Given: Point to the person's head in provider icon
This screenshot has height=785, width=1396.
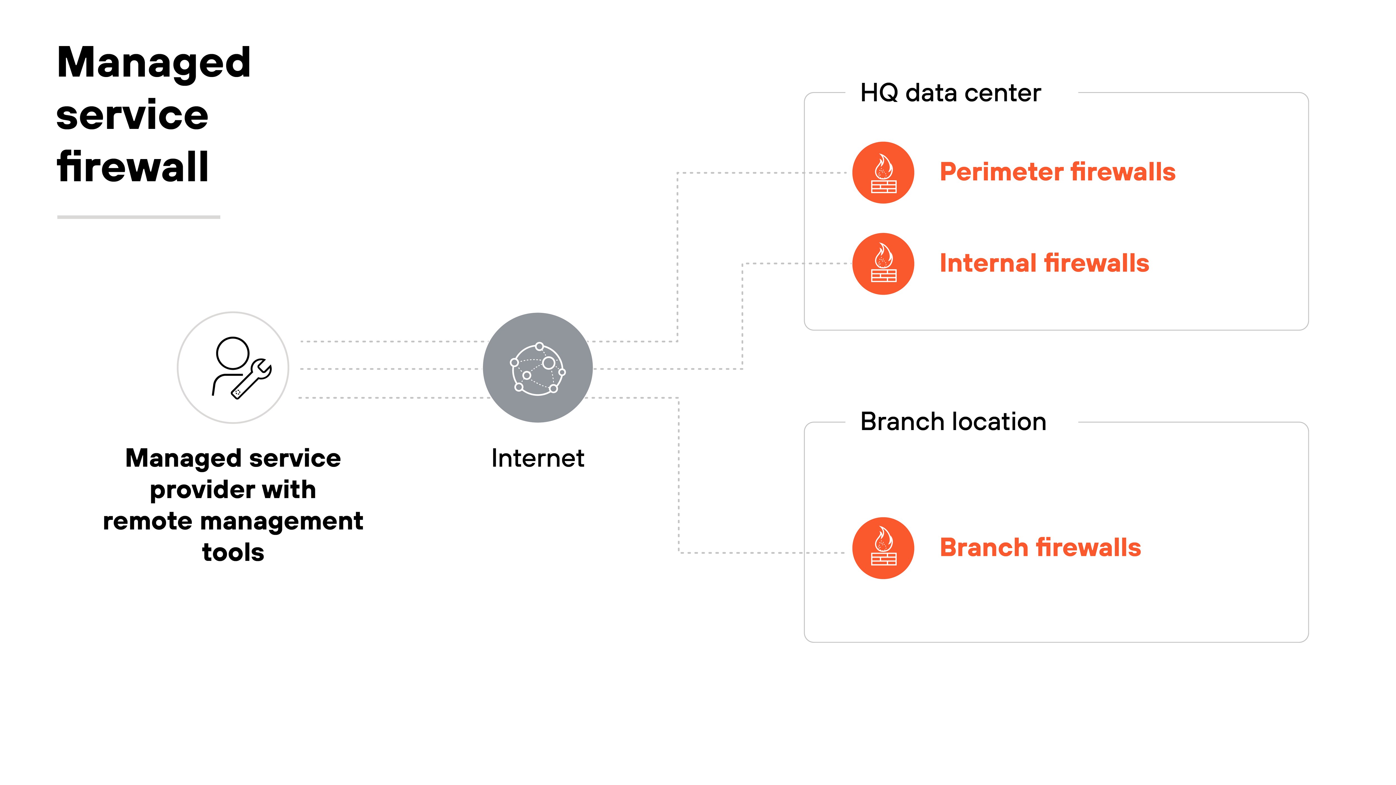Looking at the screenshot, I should (233, 353).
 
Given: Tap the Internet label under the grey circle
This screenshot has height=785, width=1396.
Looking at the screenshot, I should (537, 458).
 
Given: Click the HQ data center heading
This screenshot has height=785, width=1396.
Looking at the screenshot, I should (951, 93).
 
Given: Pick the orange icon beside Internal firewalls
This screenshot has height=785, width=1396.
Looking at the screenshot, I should (883, 264).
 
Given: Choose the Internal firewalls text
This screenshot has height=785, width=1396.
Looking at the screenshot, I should (1044, 263).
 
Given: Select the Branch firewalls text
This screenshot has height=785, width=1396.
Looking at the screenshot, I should (1040, 548).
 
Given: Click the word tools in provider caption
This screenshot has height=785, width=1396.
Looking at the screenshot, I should (233, 553).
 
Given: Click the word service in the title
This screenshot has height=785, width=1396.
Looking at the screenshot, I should (132, 116).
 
